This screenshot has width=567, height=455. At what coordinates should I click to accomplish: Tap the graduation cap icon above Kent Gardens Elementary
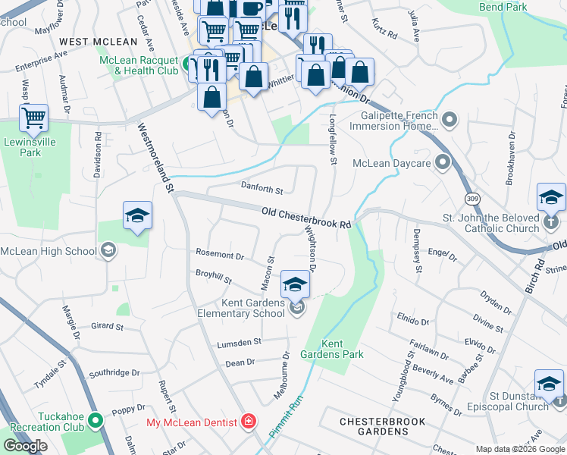pyautogui.click(x=296, y=285)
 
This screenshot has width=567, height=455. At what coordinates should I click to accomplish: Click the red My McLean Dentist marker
pyautogui.click(x=248, y=421)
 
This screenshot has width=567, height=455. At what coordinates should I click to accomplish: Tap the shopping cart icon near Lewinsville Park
pyautogui.click(x=33, y=118)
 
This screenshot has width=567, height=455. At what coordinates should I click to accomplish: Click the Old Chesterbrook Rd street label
pyautogui.click(x=306, y=219)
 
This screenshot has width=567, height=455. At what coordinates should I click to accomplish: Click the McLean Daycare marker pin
pyautogui.click(x=443, y=163)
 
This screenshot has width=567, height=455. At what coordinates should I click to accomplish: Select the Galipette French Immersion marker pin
pyautogui.click(x=450, y=120)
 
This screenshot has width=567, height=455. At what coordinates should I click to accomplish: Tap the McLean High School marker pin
pyautogui.click(x=108, y=251)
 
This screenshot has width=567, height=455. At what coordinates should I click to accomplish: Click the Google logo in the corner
pyautogui.click(x=25, y=446)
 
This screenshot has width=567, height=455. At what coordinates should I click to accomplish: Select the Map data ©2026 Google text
pyautogui.click(x=520, y=449)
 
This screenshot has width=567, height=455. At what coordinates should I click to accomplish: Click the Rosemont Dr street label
pyautogui.click(x=220, y=256)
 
